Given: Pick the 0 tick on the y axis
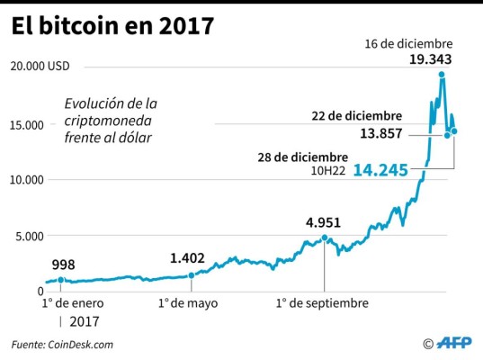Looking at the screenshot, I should click(x=40, y=292).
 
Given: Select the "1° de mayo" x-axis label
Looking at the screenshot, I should click(x=189, y=303).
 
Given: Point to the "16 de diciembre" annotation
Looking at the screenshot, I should click(x=409, y=42).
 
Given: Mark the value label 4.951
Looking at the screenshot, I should click(x=325, y=222).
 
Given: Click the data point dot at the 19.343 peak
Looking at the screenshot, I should click(x=442, y=75).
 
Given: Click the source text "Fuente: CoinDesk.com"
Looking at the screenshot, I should click(x=63, y=344).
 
